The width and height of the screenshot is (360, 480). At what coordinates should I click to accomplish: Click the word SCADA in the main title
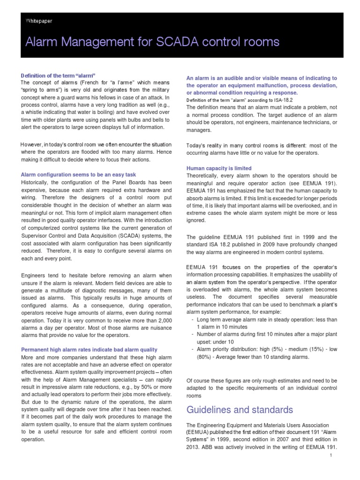tap(183, 43)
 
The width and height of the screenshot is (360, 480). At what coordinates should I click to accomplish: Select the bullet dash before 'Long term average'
tap(194, 320)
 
